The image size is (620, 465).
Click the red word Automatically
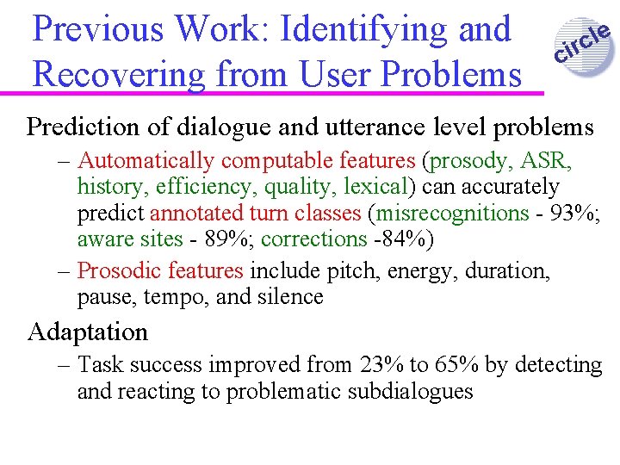[x=146, y=160]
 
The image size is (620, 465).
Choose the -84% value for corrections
[x=401, y=239]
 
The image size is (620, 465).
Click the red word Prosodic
[x=117, y=270]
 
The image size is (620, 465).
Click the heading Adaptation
[x=88, y=332]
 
